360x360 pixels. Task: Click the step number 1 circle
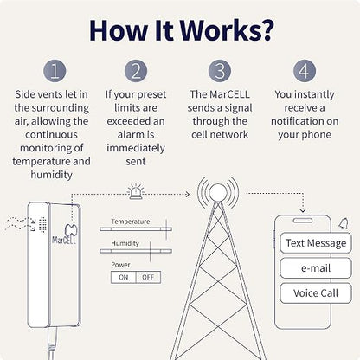point(55,71)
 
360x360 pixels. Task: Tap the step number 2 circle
point(136,71)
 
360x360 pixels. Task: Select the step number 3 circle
point(220,71)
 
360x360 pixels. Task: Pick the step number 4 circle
point(305,71)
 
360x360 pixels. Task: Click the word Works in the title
point(221,30)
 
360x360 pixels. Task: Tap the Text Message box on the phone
point(316,243)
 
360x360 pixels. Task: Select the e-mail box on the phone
point(316,268)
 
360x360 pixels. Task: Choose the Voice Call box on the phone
point(316,293)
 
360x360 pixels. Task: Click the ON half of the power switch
point(124,277)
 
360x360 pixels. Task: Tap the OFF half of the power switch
point(148,277)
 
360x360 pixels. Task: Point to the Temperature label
point(131,222)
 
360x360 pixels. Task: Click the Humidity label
point(125,243)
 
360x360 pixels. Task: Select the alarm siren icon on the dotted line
point(136,191)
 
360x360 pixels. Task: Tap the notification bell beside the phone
point(344,223)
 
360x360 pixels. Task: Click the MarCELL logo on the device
point(65,235)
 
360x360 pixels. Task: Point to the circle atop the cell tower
point(218,193)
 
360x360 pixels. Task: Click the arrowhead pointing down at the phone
point(303,210)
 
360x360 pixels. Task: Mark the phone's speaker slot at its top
point(303,221)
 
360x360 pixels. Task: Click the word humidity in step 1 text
point(51,175)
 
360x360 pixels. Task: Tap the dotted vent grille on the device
point(42,225)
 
